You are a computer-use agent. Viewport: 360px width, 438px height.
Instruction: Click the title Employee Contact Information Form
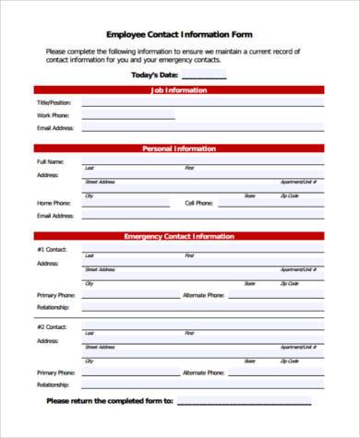(179, 33)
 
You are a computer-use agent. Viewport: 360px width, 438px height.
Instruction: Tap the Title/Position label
(54, 102)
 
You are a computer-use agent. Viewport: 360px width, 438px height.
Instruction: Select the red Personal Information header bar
(179, 148)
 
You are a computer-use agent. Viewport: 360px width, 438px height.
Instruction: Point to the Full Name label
(51, 161)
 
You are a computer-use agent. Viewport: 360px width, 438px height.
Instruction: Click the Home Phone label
(54, 202)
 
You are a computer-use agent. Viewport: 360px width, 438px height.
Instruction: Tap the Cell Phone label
(198, 202)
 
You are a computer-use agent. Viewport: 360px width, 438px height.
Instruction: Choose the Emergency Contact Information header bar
(179, 236)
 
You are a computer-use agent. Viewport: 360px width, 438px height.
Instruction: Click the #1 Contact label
(52, 250)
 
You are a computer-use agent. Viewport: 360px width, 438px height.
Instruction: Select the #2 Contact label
(52, 327)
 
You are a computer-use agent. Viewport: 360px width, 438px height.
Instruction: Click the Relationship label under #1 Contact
(54, 307)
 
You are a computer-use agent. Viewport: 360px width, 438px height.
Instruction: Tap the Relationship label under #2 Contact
(54, 384)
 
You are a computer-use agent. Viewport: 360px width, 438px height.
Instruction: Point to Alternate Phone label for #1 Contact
(203, 295)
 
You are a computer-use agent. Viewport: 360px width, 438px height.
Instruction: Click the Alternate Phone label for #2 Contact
(203, 373)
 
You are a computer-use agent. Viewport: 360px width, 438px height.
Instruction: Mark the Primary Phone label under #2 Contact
(55, 373)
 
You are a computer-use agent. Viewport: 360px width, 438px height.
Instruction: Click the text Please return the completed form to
(109, 401)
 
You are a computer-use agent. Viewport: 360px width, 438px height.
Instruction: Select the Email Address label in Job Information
(54, 128)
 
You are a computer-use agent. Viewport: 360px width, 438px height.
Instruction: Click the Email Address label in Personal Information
(54, 215)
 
